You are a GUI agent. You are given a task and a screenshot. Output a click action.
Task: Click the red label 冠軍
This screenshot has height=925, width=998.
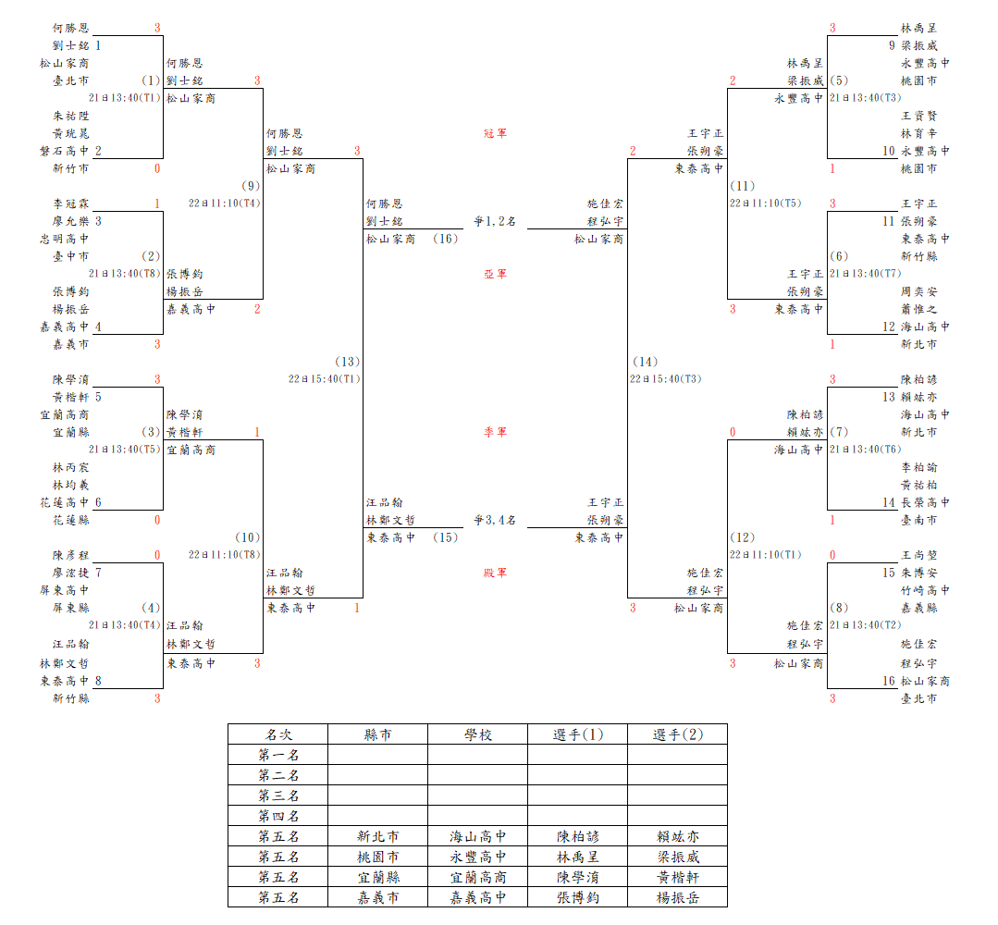point(495,133)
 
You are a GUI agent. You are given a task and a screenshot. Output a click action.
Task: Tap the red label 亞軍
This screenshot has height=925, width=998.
point(495,274)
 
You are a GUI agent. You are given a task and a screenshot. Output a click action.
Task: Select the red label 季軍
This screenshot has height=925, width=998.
point(495,432)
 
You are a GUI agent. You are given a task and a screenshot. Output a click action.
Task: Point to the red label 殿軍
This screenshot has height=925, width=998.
point(495,573)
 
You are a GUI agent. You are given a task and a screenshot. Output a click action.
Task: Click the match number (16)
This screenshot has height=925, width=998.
point(446,239)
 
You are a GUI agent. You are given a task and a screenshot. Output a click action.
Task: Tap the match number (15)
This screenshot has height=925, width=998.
point(446,537)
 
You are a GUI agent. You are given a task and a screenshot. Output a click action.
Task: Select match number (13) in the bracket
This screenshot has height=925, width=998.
point(348,362)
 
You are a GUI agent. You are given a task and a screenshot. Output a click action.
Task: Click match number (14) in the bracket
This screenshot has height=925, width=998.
point(645,362)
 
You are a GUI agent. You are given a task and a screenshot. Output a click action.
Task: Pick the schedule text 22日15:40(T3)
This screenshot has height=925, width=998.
point(666,378)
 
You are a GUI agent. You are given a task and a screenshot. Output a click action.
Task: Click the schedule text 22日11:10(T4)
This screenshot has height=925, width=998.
point(224,203)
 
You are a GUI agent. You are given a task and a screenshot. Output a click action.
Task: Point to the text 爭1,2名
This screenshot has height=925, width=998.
point(495,221)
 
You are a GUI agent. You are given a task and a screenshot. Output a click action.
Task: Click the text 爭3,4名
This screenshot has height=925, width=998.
point(495,520)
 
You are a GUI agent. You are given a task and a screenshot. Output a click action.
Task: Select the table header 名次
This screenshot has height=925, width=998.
point(278,734)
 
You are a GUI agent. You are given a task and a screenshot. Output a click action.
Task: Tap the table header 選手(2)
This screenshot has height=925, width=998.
point(678,734)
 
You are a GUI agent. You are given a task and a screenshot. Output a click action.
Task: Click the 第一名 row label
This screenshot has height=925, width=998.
point(278,755)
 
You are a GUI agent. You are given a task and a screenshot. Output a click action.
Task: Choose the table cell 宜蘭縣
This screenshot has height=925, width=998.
point(378,877)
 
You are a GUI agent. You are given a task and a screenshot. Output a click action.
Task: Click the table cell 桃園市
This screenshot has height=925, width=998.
point(378,857)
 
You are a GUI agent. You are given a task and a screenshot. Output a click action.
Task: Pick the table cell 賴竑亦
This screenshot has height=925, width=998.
point(678,836)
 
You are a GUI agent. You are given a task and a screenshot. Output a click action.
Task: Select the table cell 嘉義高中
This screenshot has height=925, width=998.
point(478,897)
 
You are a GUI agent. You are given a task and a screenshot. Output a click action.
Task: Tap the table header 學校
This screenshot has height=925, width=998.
point(478,734)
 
